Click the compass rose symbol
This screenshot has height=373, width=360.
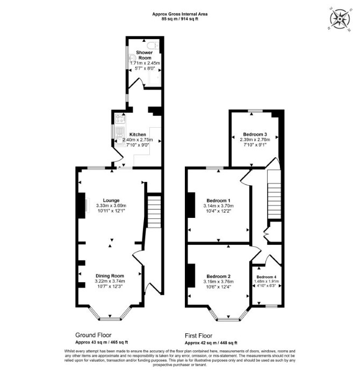coord(340,19)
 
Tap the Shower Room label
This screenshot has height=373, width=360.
coord(145,55)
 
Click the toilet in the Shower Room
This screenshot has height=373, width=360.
coord(153,45)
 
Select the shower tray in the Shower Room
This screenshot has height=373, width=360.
coord(154,78)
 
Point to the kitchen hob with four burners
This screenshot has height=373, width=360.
coord(120,119)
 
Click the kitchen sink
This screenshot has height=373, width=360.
coord(119,136)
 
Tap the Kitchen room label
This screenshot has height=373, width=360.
coord(138,134)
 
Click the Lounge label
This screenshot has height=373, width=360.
coord(111,200)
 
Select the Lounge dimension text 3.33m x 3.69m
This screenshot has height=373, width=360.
coord(111,206)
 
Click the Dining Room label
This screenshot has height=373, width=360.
coord(110,276)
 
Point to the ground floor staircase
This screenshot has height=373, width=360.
coord(155,211)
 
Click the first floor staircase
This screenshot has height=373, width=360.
coord(274,194)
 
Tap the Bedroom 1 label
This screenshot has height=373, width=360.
coord(218,201)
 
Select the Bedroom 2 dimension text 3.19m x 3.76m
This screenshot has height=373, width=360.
coord(218,282)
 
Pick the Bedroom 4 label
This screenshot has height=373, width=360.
coord(267,277)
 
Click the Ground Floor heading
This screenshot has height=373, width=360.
coord(93,335)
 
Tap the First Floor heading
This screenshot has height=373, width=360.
coord(199,335)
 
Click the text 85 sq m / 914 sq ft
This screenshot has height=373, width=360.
coord(180,19)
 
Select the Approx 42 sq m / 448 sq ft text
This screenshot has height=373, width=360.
coord(211,343)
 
